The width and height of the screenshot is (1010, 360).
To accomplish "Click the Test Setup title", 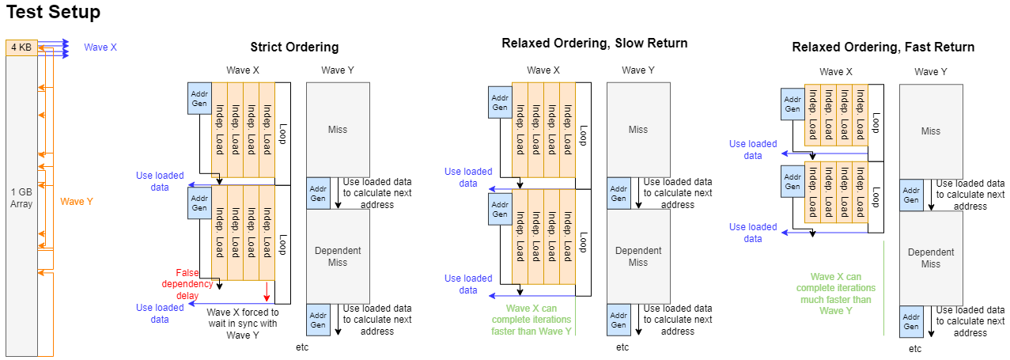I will pos(53,13).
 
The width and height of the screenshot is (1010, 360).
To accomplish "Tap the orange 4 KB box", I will pos(21,47).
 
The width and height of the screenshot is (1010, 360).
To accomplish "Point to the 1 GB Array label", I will pos(21,197).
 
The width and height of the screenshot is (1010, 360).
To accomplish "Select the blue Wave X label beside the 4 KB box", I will pos(100,47).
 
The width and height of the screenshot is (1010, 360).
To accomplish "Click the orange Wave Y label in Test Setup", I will pos(77,202).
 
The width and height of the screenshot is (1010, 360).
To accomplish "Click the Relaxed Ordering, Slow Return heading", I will pos(594,43).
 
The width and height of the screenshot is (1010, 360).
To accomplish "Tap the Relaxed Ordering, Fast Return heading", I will pos(883,47).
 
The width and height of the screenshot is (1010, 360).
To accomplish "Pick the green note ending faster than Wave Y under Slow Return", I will pos(539,320).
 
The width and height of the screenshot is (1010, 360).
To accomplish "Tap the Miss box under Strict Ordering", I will pos(338,130).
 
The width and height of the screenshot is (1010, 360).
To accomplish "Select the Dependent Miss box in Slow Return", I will pos(638,256).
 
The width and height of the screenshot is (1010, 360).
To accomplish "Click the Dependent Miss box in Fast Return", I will pos(931,258).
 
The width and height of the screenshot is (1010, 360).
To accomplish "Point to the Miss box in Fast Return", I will pos(931,131).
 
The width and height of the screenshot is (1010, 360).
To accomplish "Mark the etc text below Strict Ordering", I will pos(301,347).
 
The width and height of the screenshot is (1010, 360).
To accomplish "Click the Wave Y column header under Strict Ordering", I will pos(338,70).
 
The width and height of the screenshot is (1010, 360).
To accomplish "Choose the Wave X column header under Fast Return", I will pos(835,72).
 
